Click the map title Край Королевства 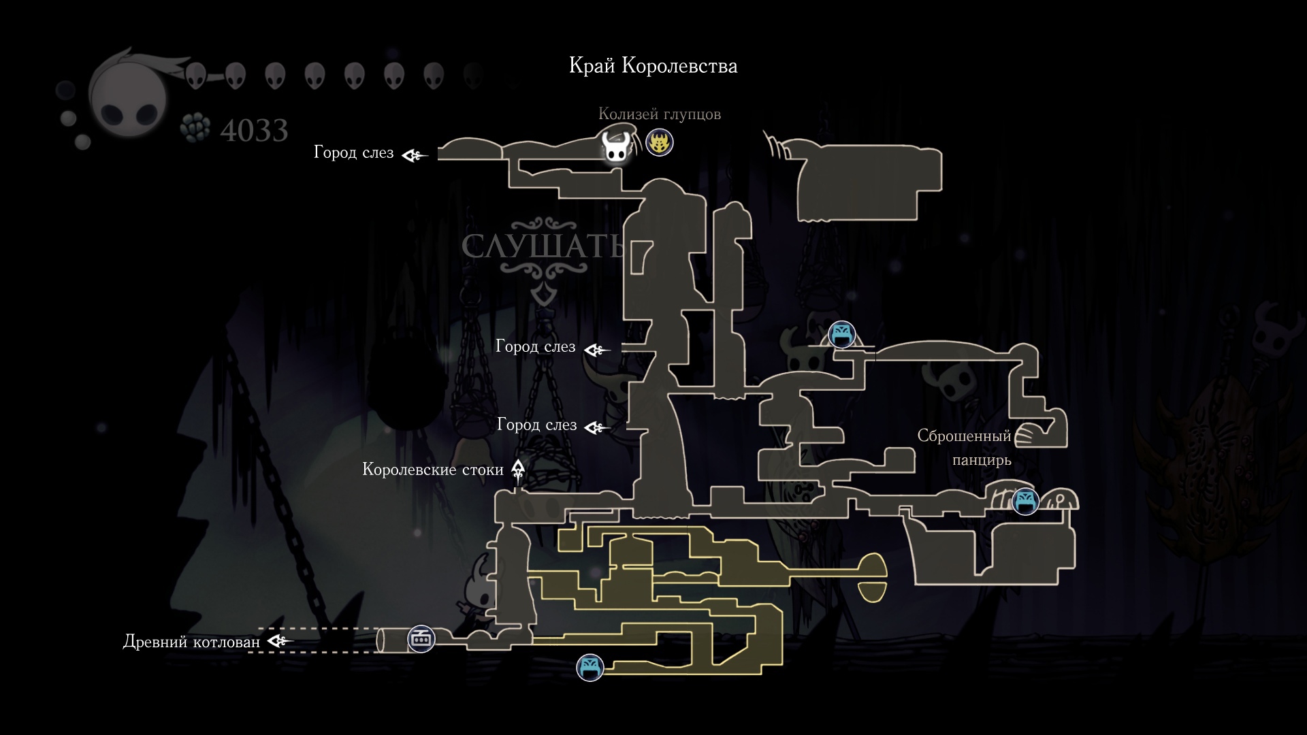point(653,66)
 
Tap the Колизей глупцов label point(659,114)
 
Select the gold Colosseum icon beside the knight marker point(659,143)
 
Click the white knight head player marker point(617,147)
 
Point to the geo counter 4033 point(254,130)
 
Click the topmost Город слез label point(353,152)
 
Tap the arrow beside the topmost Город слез point(414,156)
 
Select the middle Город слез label point(535,347)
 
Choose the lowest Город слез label point(536,425)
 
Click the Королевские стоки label point(432,470)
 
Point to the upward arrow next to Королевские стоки point(518,470)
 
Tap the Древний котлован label point(191,642)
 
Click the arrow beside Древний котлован point(280,641)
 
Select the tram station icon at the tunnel point(421,639)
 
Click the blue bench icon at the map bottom point(590,668)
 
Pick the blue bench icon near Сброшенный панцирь point(1025,502)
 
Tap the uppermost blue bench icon point(842,334)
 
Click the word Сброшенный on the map point(964,436)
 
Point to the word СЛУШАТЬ point(543,246)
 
